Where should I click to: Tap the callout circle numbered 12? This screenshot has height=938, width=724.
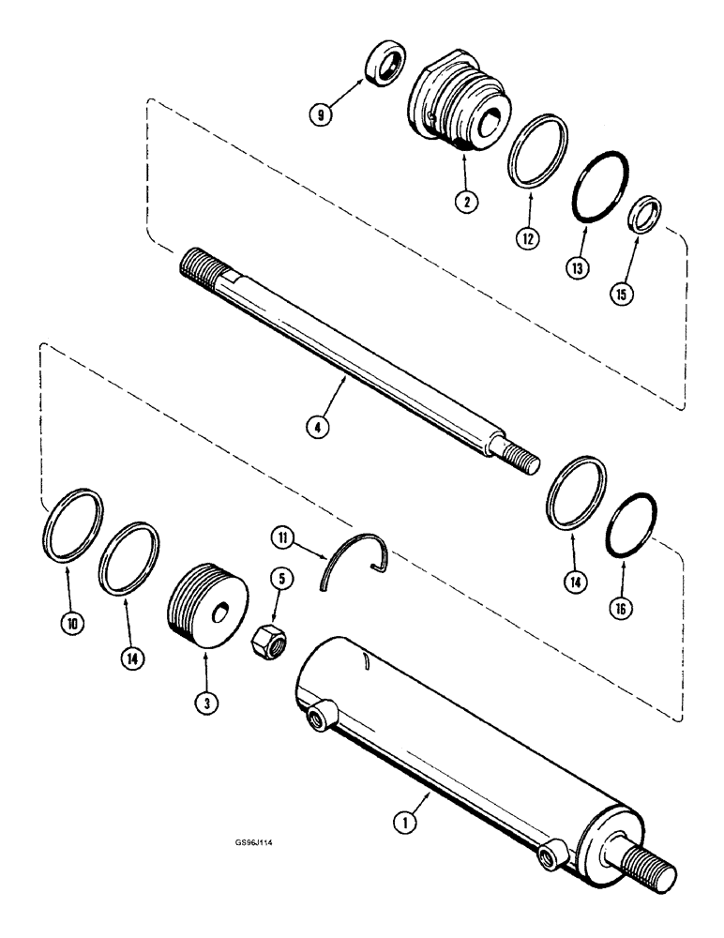(529, 239)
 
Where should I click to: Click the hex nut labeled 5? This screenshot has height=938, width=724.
(265, 642)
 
